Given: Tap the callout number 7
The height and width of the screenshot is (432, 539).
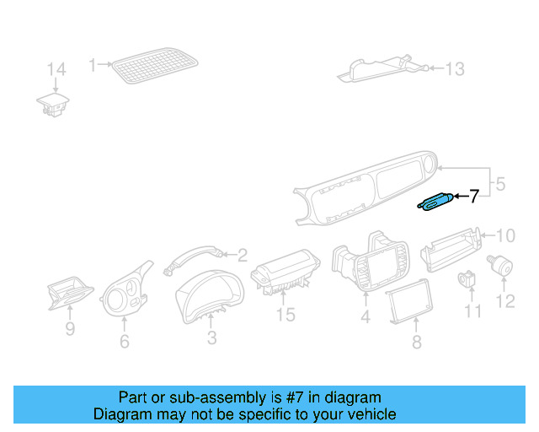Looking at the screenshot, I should coord(473,197).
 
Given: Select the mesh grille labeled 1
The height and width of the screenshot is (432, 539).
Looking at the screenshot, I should coord(156,65).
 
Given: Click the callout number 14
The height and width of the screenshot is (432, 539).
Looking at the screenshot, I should coord(56,69).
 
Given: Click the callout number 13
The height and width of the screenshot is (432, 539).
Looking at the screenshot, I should coord(454,69).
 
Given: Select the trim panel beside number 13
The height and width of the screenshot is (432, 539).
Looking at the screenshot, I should coord(379,67).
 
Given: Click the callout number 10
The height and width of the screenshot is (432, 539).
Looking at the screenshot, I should coord(504,235).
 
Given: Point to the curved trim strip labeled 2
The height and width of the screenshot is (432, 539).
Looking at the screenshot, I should coord(194,253).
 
